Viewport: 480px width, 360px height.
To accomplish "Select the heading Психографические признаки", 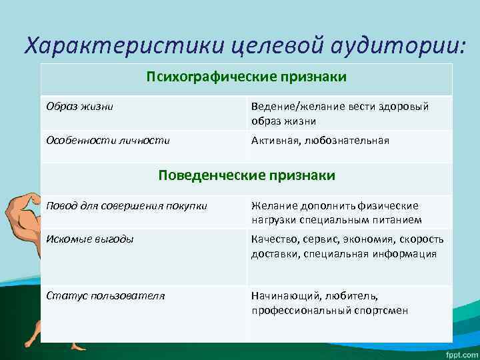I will [x=246, y=77].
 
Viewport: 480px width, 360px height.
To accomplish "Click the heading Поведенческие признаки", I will [x=246, y=175].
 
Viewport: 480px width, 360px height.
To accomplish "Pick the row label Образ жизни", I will [x=79, y=107].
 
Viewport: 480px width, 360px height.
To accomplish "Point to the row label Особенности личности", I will [x=107, y=141].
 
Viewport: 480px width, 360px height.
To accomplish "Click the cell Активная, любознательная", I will [x=320, y=141].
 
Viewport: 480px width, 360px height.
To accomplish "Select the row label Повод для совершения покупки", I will [x=127, y=205].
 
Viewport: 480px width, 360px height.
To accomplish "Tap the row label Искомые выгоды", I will [x=89, y=239].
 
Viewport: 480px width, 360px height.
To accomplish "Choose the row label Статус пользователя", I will [x=105, y=295].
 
